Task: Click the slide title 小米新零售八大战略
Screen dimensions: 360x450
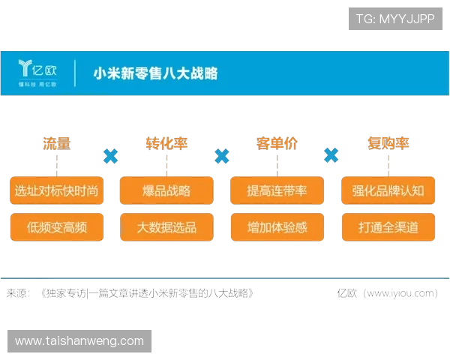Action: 155,73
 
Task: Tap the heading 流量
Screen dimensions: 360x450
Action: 56,142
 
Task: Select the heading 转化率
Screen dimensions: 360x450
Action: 166,142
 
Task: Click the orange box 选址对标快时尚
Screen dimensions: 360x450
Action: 56,190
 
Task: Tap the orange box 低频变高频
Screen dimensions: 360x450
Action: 56,226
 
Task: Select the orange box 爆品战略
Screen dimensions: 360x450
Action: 166,190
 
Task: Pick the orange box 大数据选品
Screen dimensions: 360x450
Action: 166,226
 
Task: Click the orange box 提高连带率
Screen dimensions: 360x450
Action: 277,190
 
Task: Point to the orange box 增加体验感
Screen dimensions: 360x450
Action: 277,226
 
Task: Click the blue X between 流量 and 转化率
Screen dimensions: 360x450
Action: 111,156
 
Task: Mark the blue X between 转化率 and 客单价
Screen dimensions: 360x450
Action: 221,156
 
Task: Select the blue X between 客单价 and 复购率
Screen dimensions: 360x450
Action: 331,155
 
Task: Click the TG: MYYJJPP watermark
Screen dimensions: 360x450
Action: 395,19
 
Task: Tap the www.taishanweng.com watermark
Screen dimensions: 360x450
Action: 79,341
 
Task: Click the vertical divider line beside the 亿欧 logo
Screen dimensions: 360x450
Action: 75,73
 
